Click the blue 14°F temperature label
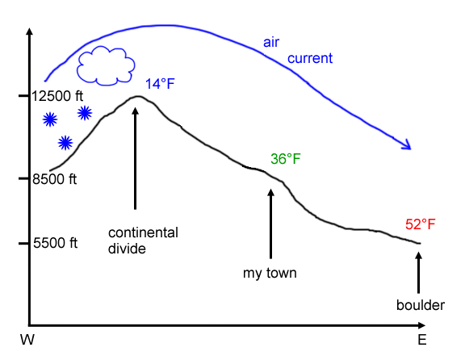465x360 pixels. coord(160,84)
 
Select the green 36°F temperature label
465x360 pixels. coord(285,159)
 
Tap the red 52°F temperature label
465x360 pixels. coord(421,224)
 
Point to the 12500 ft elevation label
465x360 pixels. coord(57,96)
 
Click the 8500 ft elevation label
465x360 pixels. coord(55,179)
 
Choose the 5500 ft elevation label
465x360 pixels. coord(55,243)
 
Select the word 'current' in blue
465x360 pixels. coord(310,58)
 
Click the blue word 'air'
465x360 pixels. coord(271,43)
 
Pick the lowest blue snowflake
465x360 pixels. coord(65,143)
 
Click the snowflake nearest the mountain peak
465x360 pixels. coord(85,113)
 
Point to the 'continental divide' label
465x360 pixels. coord(143,241)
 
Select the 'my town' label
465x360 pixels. coord(270,273)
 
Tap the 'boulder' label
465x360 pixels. coord(421,305)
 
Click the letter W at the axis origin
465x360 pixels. coord(27,340)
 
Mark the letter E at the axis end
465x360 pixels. coord(422,340)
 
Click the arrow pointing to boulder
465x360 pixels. coord(418,273)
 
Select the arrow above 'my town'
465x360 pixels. coord(270,224)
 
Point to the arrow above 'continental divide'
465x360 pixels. coord(136,158)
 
